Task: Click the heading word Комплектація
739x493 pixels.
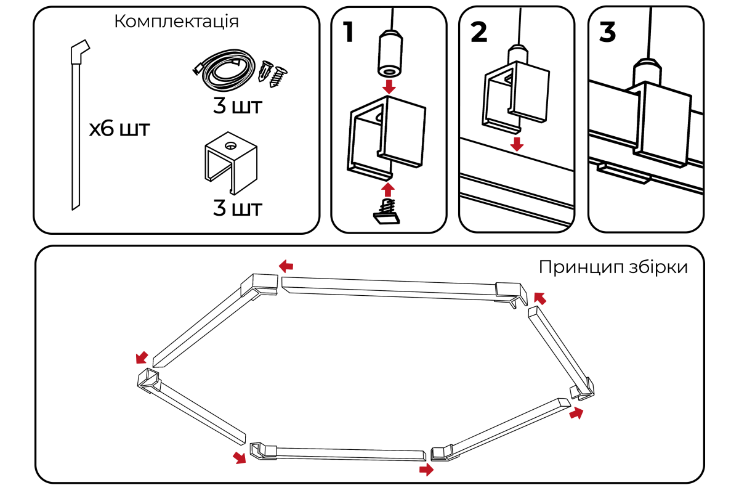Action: [177, 22]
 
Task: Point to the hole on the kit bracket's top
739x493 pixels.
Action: [230, 146]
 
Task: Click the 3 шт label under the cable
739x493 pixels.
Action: [237, 106]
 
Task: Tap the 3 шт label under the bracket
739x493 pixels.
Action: [237, 208]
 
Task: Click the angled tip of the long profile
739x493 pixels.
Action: [80, 50]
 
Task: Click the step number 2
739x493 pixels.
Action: [479, 31]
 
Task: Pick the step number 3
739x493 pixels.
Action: [607, 31]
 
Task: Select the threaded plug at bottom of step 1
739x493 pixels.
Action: [387, 211]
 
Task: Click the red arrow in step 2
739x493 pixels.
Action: [517, 144]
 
